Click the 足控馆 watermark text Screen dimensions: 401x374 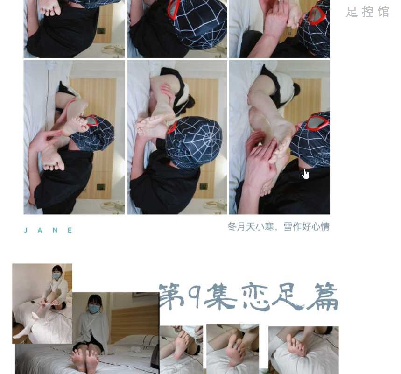click(x=367, y=12)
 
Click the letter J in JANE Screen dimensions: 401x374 click(x=26, y=230)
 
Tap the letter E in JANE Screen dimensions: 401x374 click(x=70, y=230)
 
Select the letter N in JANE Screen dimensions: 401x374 click(x=55, y=230)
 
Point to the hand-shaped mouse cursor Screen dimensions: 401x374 click(x=305, y=175)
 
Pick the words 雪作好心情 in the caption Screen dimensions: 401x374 click(x=306, y=226)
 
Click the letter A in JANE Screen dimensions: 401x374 click(x=40, y=230)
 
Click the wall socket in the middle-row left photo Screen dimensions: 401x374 click(x=101, y=187)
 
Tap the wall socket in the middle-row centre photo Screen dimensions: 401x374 click(x=204, y=186)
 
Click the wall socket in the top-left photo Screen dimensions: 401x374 click(x=101, y=31)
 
